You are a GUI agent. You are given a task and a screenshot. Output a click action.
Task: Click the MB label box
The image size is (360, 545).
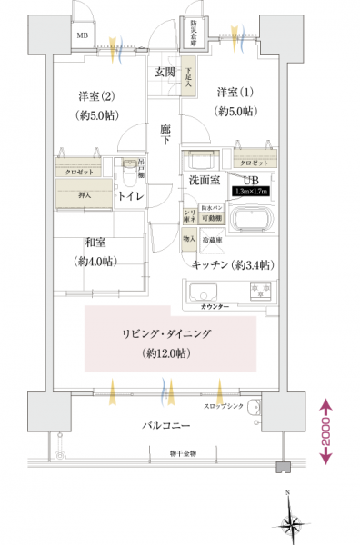(x=83, y=36)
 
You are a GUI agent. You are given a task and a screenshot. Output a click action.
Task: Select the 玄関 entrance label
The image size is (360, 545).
(x=165, y=73)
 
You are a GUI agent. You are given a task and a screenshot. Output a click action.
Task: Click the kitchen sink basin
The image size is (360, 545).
(x=202, y=292)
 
